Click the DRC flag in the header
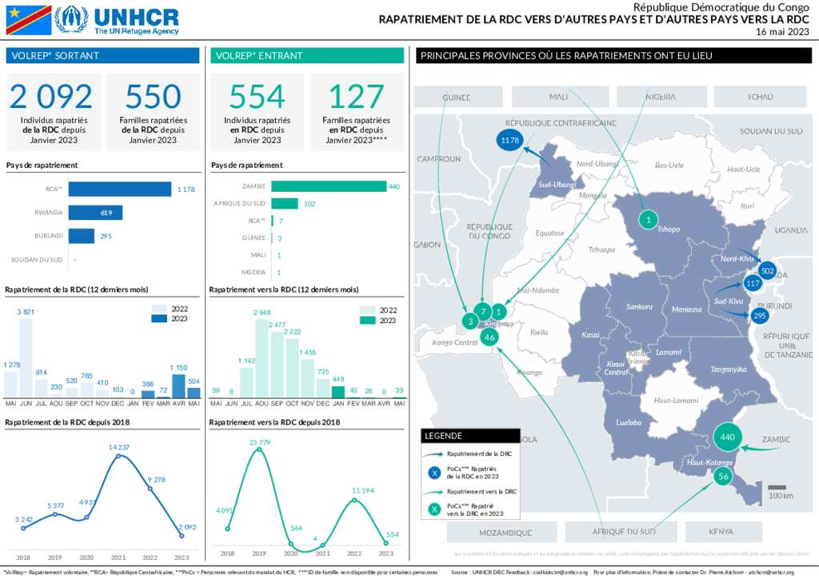pyautogui.click(x=29, y=20)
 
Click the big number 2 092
pyautogui.click(x=51, y=97)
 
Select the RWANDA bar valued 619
pyautogui.click(x=95, y=213)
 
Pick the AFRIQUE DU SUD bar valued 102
pyautogui.click(x=285, y=204)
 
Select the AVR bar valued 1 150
pyautogui.click(x=178, y=385)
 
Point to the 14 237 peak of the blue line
pyautogui.click(x=118, y=457)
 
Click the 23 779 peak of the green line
pyautogui.click(x=258, y=450)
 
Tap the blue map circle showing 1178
pyautogui.click(x=509, y=140)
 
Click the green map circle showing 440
pyautogui.click(x=727, y=437)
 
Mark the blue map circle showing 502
pyautogui.click(x=768, y=271)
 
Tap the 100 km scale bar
pyautogui.click(x=776, y=487)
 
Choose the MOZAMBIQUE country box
pyautogui.click(x=505, y=532)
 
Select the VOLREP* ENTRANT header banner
pyautogui.click(x=307, y=56)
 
